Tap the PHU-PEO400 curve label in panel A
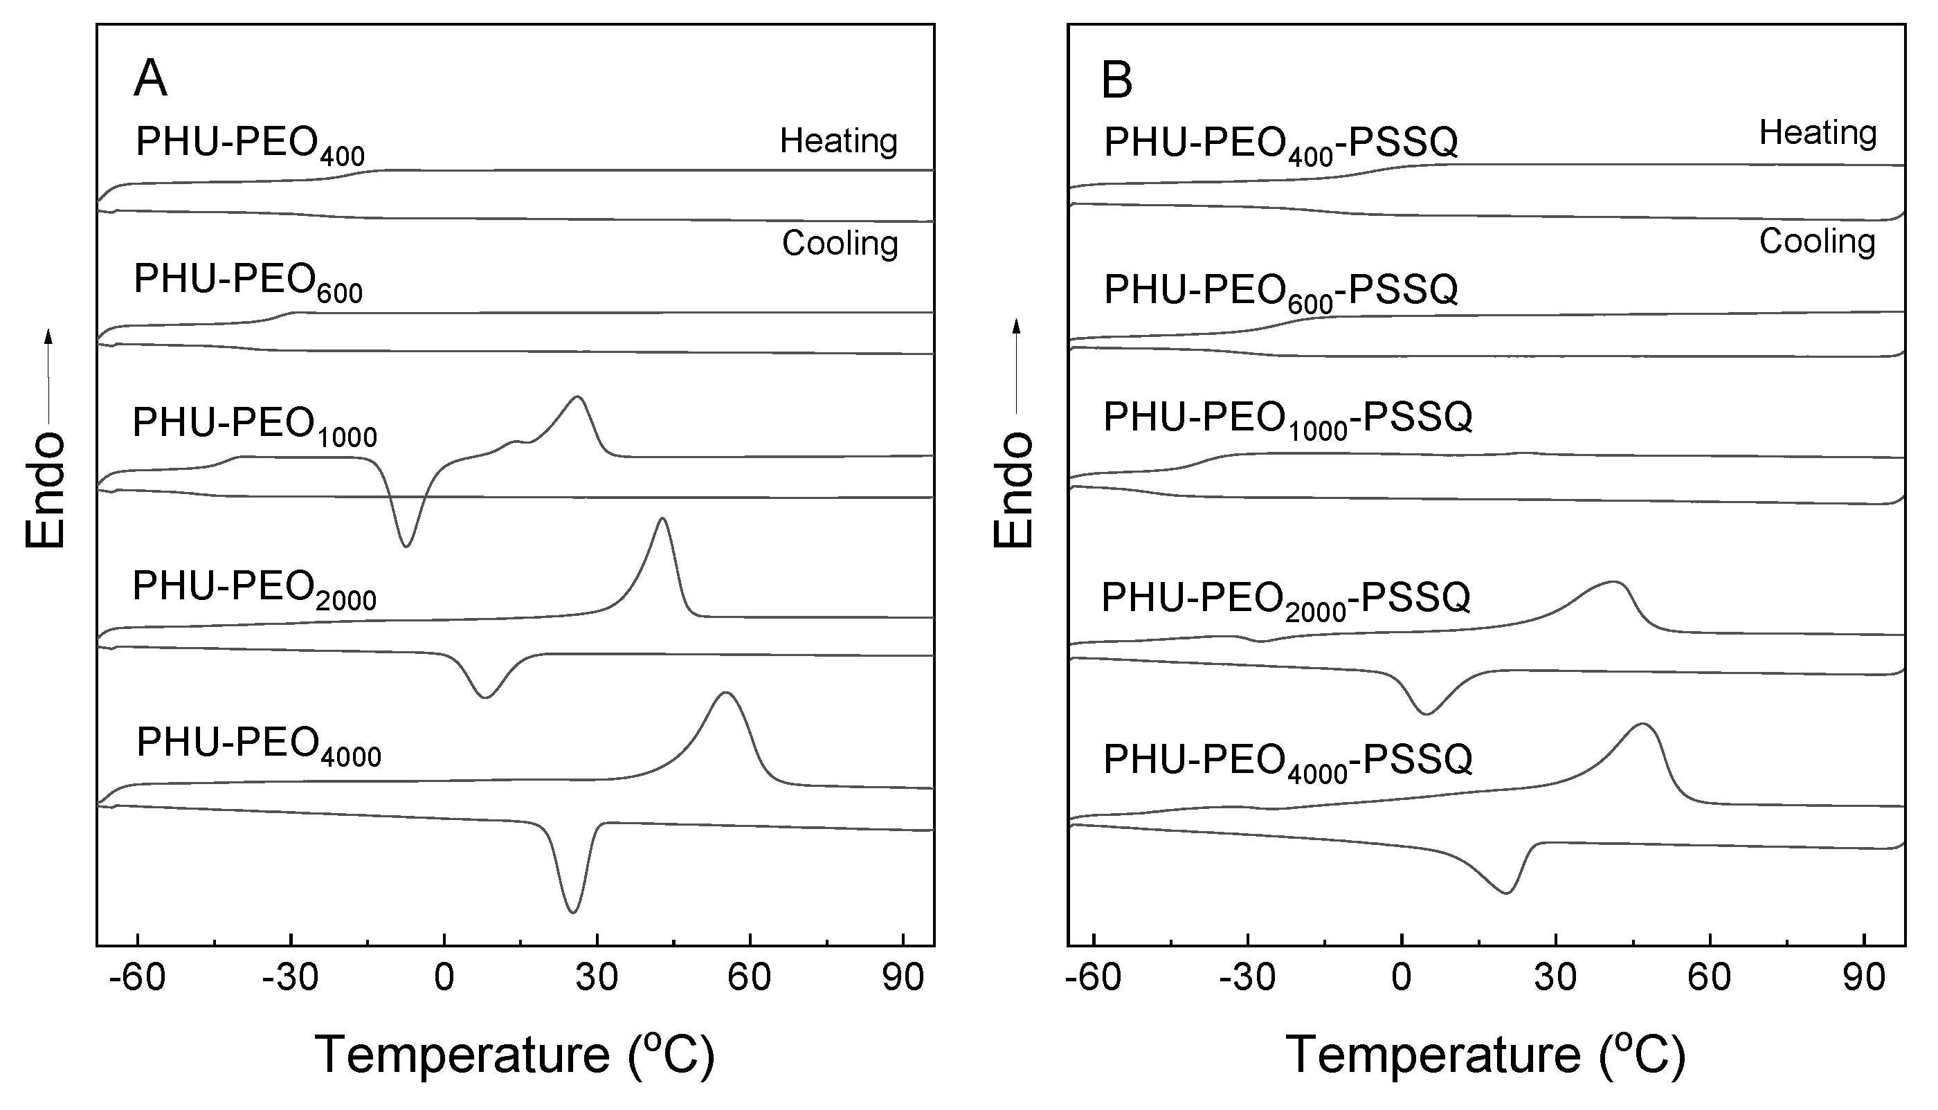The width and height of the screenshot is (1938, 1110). pyautogui.click(x=249, y=144)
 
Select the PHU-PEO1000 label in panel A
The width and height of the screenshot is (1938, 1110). pyautogui.click(x=255, y=425)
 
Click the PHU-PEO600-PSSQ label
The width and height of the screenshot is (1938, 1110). pyautogui.click(x=1281, y=291)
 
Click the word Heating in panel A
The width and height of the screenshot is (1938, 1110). pyautogui.click(x=839, y=141)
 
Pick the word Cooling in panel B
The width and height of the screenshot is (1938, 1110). pyautogui.click(x=1817, y=242)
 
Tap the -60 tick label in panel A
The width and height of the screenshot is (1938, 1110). pyautogui.click(x=137, y=978)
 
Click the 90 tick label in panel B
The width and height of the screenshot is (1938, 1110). pyautogui.click(x=1864, y=978)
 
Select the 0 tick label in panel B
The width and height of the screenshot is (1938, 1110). pyautogui.click(x=1402, y=978)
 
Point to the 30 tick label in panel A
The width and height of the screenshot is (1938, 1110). pyautogui.click(x=597, y=978)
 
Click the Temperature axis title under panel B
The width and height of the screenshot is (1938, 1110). pyautogui.click(x=1485, y=1055)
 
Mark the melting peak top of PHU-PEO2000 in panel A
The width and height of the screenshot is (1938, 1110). pyautogui.click(x=662, y=519)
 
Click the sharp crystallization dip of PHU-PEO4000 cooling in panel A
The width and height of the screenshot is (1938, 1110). pyautogui.click(x=572, y=911)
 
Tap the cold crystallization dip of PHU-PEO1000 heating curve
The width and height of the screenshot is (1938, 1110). pyautogui.click(x=406, y=546)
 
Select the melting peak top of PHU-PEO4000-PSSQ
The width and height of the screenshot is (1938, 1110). pyautogui.click(x=1643, y=725)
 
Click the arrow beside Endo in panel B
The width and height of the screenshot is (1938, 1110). pyautogui.click(x=1016, y=366)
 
